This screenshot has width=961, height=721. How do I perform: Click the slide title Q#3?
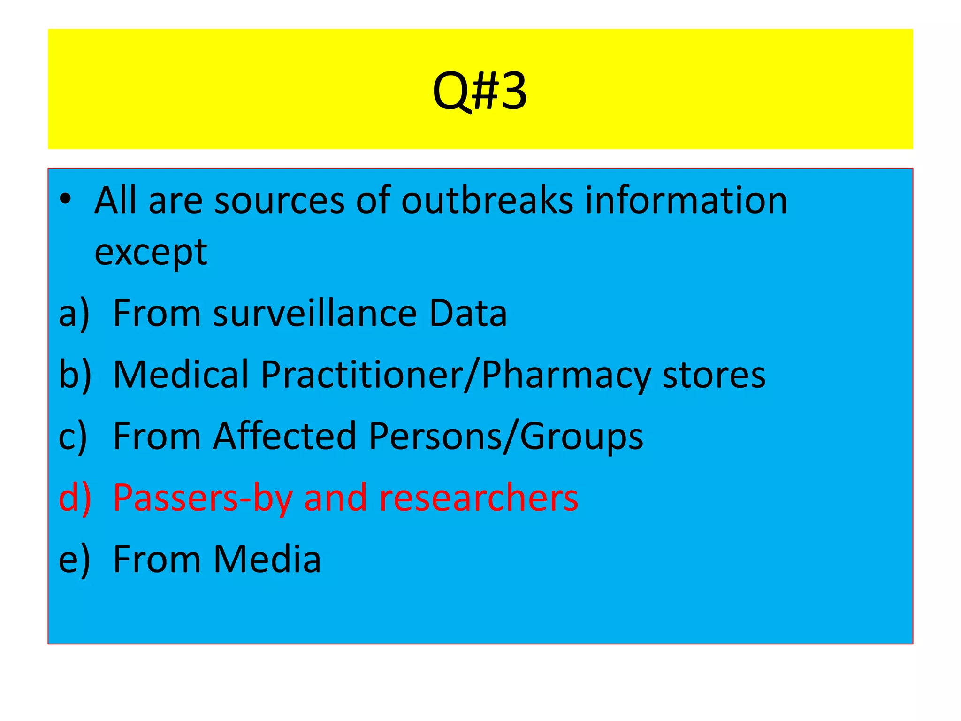click(x=480, y=92)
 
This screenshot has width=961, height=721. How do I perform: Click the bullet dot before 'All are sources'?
click(x=65, y=199)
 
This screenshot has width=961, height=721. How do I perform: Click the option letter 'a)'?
click(x=74, y=314)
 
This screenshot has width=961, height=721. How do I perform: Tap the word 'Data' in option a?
click(x=468, y=314)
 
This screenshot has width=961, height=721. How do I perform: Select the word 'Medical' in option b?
click(x=181, y=375)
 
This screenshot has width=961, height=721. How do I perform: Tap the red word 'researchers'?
click(x=478, y=498)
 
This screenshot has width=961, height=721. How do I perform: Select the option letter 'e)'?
click(x=74, y=560)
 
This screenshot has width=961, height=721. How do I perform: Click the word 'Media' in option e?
click(x=267, y=560)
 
